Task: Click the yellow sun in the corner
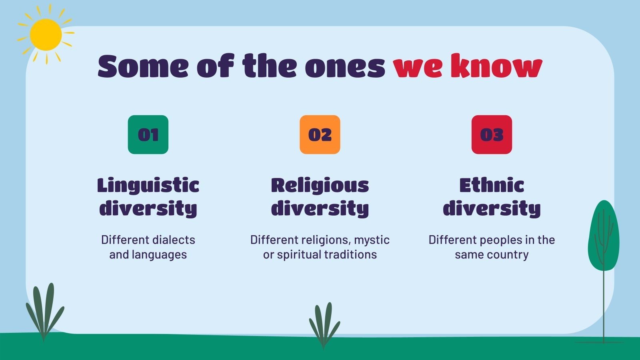(x=46, y=34)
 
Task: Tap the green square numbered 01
(x=148, y=134)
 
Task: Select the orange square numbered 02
(x=320, y=134)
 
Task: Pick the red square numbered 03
(x=492, y=134)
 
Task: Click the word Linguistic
(x=148, y=186)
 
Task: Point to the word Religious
(x=320, y=186)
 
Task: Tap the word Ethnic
(x=492, y=185)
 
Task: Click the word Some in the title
(x=143, y=66)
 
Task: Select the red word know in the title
(x=496, y=66)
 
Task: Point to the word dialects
(x=173, y=240)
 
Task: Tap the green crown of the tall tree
(x=604, y=235)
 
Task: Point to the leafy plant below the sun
(x=44, y=312)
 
